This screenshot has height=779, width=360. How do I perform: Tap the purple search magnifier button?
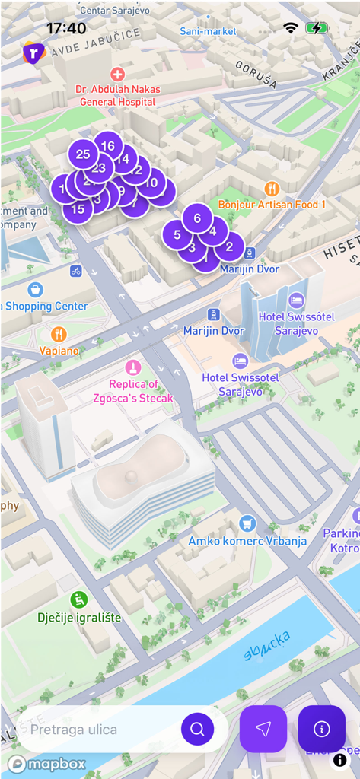click(197, 730)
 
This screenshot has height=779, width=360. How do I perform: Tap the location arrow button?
click(263, 730)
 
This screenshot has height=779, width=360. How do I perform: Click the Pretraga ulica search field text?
click(74, 730)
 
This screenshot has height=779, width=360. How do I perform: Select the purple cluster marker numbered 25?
click(83, 154)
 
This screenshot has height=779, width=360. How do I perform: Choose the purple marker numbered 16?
click(108, 146)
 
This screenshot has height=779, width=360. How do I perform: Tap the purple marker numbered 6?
click(197, 218)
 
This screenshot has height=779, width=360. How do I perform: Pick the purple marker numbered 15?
click(78, 209)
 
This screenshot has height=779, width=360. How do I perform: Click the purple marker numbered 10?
click(152, 182)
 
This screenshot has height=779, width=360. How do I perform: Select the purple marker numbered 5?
click(177, 234)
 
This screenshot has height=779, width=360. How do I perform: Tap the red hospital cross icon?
click(117, 74)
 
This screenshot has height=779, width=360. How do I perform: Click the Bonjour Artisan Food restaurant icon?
click(272, 189)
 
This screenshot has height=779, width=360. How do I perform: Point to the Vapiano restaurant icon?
click(59, 334)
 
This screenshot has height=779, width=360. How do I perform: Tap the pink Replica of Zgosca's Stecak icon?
click(133, 367)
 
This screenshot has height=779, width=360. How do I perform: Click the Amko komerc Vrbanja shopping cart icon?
click(247, 523)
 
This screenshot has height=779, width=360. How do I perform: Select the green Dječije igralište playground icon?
click(79, 599)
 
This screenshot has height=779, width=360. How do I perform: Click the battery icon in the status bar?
click(317, 28)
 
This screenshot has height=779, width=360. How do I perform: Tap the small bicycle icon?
click(75, 270)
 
